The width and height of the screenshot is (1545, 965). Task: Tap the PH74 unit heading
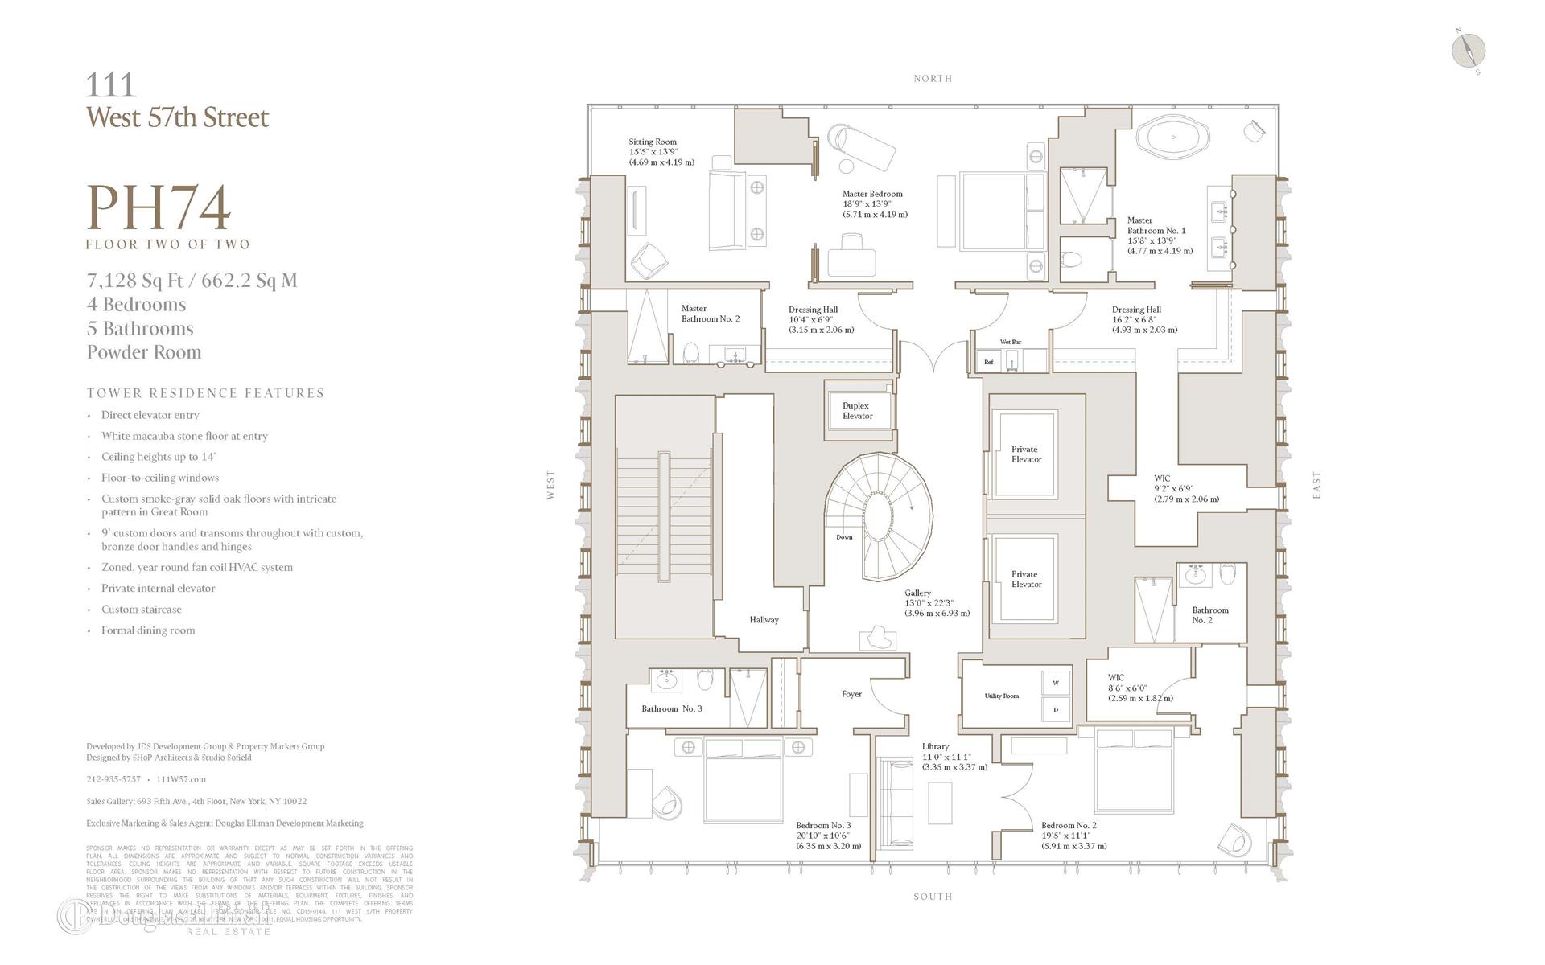[159, 207]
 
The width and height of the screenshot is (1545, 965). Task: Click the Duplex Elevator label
[857, 411]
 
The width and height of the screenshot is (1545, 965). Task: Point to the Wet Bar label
[1010, 342]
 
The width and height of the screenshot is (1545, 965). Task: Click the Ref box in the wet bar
[988, 362]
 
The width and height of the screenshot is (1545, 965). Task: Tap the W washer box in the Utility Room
[1056, 683]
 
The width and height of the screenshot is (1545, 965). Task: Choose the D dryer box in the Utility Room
[1056, 710]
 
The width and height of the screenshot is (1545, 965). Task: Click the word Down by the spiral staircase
[844, 537]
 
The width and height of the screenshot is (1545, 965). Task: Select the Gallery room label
[918, 593]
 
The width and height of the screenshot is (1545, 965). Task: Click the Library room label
[935, 746]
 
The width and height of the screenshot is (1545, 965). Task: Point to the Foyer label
[851, 694]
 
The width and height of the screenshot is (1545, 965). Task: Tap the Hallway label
[764, 620]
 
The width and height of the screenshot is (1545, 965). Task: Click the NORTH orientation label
[933, 79]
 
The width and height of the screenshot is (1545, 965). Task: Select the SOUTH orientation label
[933, 896]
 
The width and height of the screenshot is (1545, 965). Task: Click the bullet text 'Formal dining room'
[148, 630]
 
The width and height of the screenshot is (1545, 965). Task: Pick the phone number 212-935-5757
[113, 779]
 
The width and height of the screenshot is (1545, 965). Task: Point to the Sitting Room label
[653, 142]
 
